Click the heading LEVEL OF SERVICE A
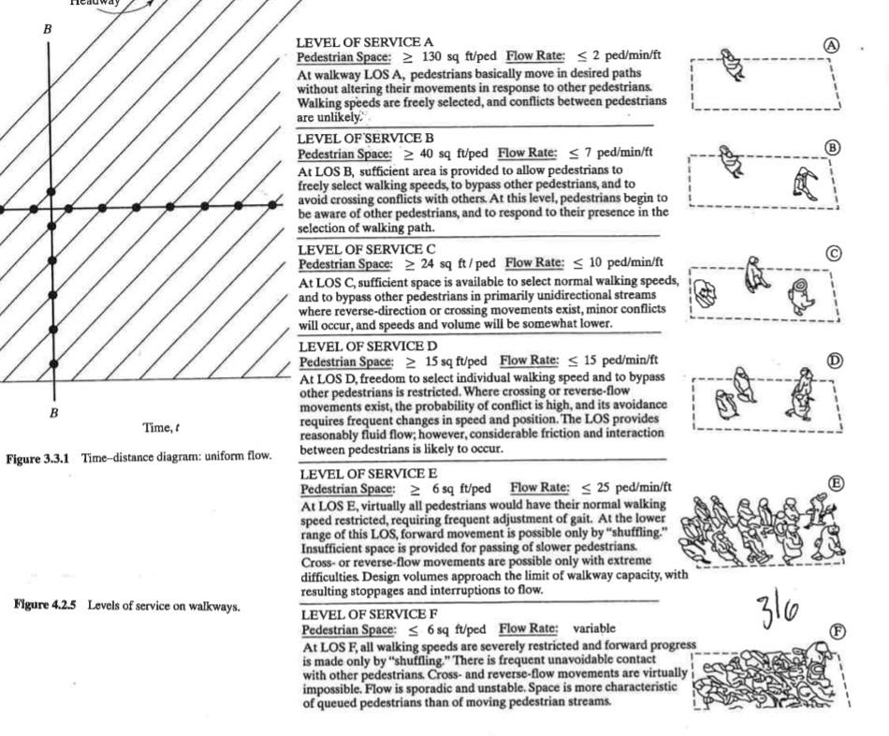coord(364,43)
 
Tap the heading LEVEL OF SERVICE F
coord(363,615)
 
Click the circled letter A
coord(829,45)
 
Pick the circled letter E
coord(837,482)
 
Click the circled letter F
coord(838,631)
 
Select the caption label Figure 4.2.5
coord(43,605)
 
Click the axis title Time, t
coord(162,428)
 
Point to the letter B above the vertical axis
coord(48,31)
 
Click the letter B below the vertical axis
coord(53,412)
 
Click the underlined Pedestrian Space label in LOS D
coord(340,361)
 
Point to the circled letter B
coord(833,147)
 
